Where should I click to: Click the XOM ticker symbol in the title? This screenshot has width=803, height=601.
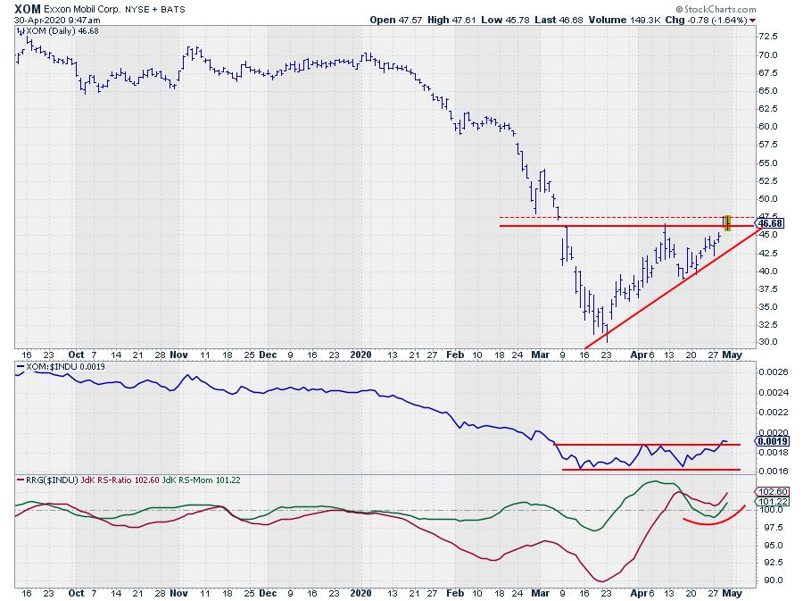25,8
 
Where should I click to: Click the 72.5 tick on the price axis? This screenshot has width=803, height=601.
769,37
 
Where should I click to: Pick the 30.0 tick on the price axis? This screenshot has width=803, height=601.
769,342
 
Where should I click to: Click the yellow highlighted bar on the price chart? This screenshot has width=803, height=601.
727,223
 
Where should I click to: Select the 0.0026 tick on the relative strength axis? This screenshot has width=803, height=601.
772,371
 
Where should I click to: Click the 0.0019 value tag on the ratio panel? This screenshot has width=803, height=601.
772,441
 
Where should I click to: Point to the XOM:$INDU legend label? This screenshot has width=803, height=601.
53,367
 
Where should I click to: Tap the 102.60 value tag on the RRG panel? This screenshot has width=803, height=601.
772,491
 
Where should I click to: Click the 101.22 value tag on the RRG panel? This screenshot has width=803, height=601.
772,502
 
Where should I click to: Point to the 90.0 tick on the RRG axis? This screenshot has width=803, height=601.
769,580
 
